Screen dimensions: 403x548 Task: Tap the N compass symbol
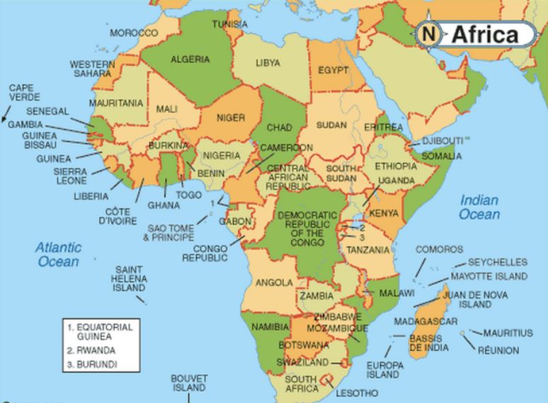click(x=428, y=33)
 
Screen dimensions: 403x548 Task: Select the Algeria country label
click(x=190, y=59)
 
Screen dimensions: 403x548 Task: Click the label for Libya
click(x=268, y=63)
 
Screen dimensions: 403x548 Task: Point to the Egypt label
click(x=333, y=71)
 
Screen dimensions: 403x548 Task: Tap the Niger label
click(x=231, y=118)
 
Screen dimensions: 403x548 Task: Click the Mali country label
click(x=166, y=109)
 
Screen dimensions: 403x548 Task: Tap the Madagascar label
click(x=426, y=322)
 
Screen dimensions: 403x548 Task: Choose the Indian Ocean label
click(x=479, y=207)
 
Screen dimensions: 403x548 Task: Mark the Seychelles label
click(x=498, y=262)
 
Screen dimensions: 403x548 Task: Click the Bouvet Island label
click(x=189, y=383)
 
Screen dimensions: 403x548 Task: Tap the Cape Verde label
click(x=25, y=92)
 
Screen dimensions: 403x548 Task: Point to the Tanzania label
click(x=367, y=250)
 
